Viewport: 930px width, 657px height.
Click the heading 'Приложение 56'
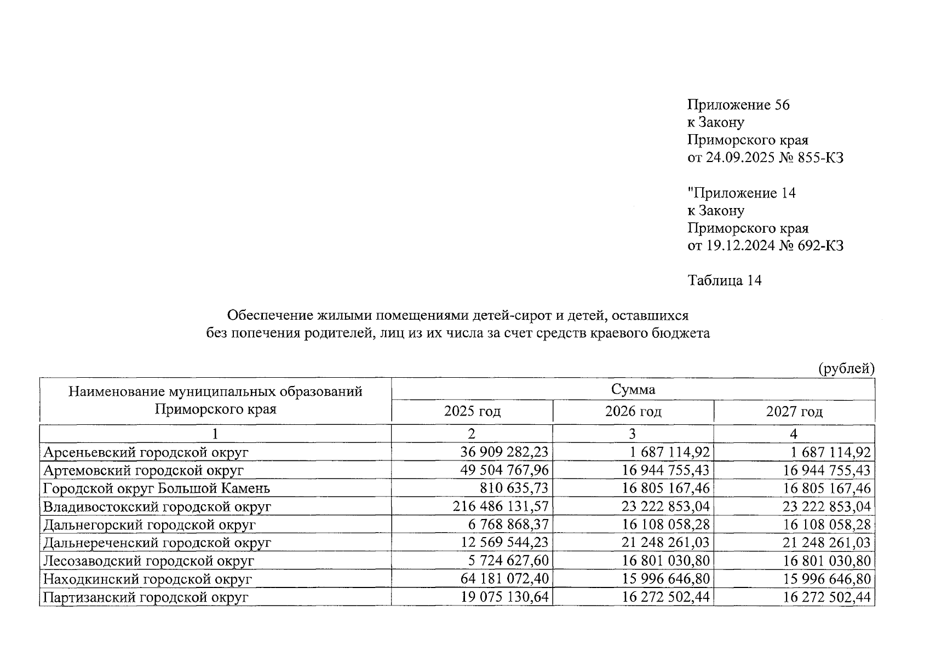(738, 105)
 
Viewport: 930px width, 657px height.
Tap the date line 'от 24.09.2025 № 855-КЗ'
(765, 158)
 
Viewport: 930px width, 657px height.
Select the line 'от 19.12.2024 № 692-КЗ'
(765, 246)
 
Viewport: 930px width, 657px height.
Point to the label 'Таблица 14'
(724, 281)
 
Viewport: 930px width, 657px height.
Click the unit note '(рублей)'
(846, 369)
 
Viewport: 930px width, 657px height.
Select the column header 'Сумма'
(633, 390)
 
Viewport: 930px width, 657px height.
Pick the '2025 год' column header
(472, 412)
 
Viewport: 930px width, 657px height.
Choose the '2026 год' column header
(633, 412)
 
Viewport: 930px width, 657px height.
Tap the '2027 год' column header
(794, 412)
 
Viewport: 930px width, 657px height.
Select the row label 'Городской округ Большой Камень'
(157, 488)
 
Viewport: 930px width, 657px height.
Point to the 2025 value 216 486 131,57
(501, 506)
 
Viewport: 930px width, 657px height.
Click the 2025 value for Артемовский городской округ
(504, 470)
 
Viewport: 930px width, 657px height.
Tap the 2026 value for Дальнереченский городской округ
(665, 543)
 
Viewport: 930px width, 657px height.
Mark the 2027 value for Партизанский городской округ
(826, 597)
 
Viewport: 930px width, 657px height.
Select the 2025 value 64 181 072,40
(504, 579)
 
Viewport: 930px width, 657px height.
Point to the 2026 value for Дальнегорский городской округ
(665, 525)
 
